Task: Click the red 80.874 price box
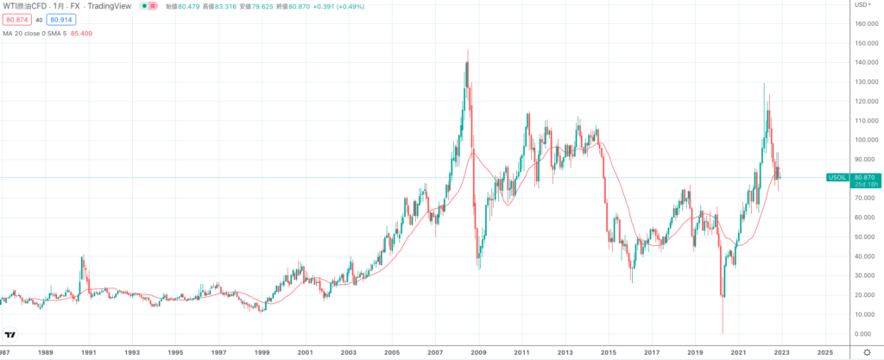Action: pyautogui.click(x=16, y=20)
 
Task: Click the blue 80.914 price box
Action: pyautogui.click(x=60, y=20)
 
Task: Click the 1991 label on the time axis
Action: pyautogui.click(x=88, y=352)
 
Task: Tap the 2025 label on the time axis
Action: pyautogui.click(x=824, y=352)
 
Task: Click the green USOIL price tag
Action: pyautogui.click(x=837, y=178)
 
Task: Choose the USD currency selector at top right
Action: pyautogui.click(x=862, y=4)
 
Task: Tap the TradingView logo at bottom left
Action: pyautogui.click(x=11, y=335)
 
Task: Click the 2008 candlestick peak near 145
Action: pyautogui.click(x=468, y=52)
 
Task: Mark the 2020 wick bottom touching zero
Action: pyautogui.click(x=722, y=332)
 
